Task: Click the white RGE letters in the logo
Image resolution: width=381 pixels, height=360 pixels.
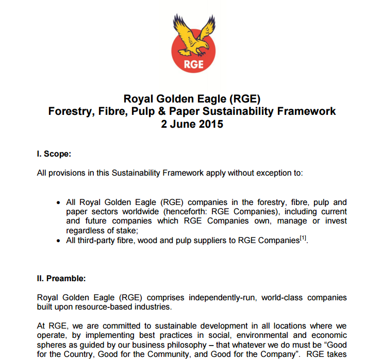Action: click(193, 64)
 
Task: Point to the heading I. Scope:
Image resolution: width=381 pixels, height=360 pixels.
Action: click(54, 153)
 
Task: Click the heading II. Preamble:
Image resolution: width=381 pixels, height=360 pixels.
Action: click(61, 278)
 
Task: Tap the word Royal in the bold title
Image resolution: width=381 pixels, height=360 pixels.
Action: click(138, 98)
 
